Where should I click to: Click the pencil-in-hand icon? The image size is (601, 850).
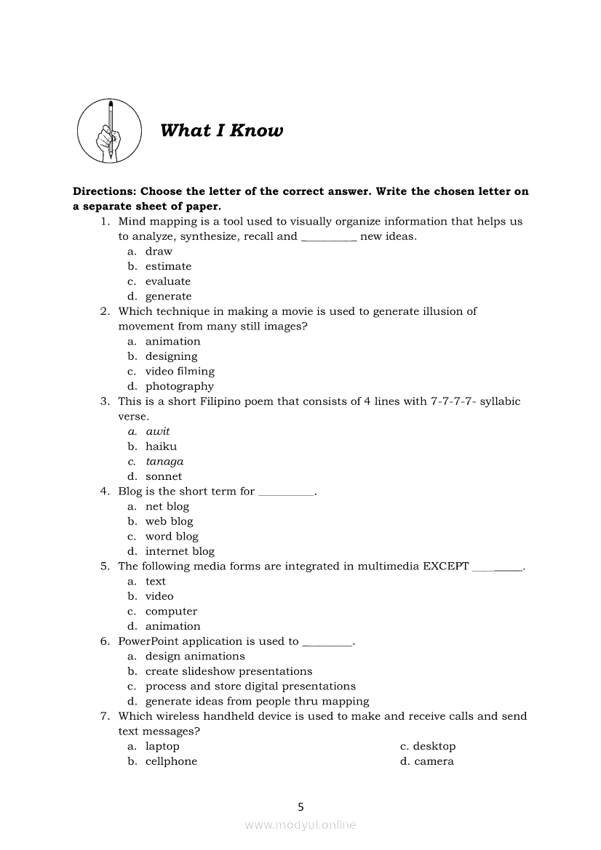110,131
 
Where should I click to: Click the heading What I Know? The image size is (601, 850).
221,131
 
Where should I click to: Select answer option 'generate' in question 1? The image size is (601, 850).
168,297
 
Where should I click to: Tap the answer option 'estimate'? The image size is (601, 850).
168,266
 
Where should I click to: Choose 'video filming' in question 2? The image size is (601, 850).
180,372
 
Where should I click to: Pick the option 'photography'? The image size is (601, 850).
179,386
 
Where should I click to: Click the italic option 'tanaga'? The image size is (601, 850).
164,462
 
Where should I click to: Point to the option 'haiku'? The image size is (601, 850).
161,446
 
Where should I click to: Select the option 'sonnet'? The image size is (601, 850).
164,476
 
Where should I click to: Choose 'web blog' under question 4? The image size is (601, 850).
169,521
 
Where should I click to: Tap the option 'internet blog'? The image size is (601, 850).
180,551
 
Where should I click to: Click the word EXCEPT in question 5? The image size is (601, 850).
445,566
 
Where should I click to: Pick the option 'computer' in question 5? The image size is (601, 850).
171,612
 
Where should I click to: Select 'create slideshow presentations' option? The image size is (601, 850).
228,671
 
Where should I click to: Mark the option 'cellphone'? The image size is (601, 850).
171,761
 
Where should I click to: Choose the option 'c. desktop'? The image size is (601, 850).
428,746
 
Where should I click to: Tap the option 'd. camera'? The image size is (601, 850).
427,761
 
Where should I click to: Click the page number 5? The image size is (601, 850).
300,806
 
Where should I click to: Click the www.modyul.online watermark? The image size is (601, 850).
300,825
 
